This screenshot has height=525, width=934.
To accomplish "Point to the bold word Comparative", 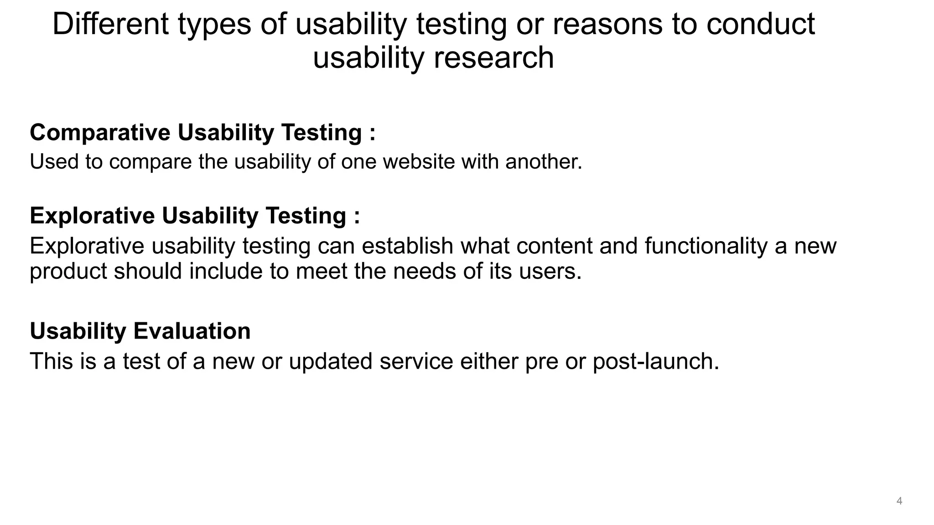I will (x=100, y=133).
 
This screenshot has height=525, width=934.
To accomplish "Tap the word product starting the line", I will (x=68, y=272).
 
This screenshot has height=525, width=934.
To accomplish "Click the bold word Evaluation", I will (x=192, y=331).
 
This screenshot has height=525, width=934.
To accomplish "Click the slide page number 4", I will (x=899, y=501).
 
